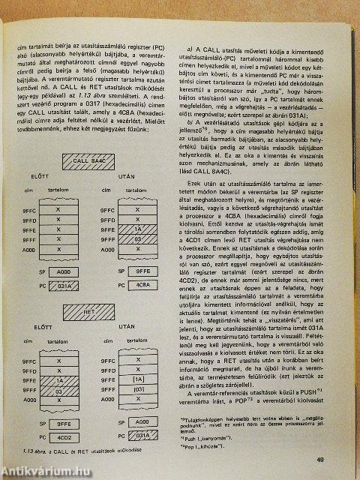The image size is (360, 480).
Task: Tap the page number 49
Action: (x=340, y=460)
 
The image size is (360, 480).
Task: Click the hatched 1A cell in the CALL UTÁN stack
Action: (x=136, y=228)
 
